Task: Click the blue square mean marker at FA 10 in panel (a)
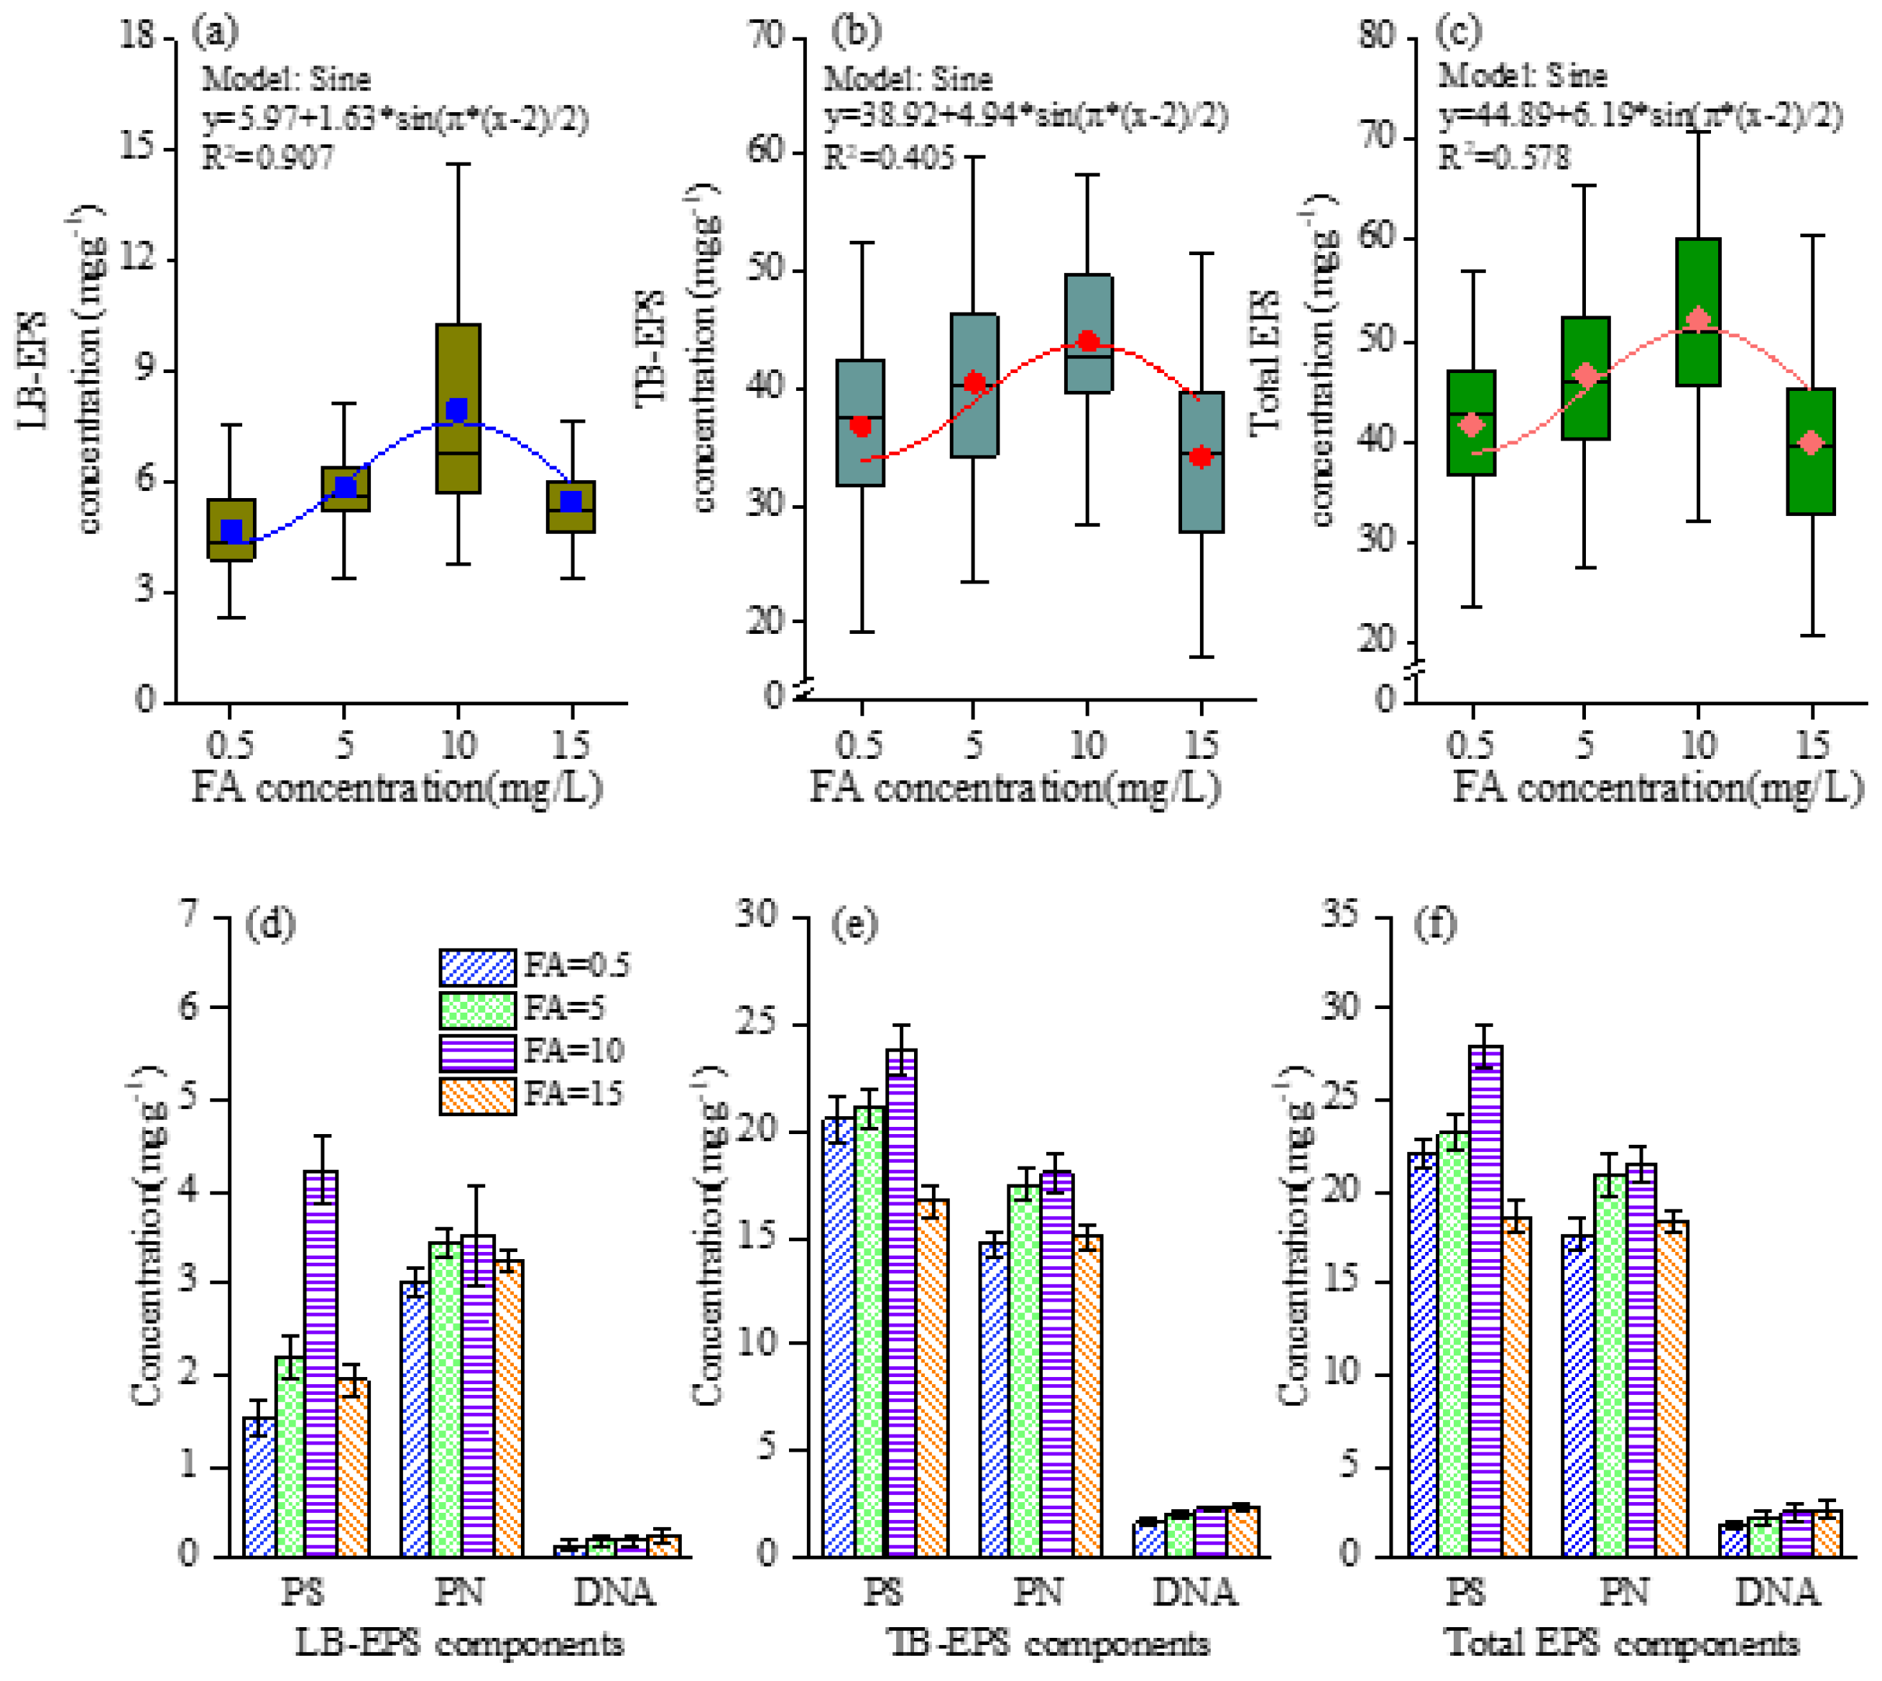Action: coord(457,409)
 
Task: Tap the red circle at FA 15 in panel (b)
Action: coord(1201,456)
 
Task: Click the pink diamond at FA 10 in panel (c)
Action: coord(1697,321)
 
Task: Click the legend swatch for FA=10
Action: coord(476,1052)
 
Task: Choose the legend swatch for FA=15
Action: coord(476,1095)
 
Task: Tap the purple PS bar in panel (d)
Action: coord(320,1363)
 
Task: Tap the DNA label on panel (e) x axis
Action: coord(1194,1593)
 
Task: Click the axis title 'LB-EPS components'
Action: coord(459,1644)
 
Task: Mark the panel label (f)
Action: coord(1436,924)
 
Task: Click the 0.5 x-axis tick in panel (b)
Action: coord(859,745)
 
